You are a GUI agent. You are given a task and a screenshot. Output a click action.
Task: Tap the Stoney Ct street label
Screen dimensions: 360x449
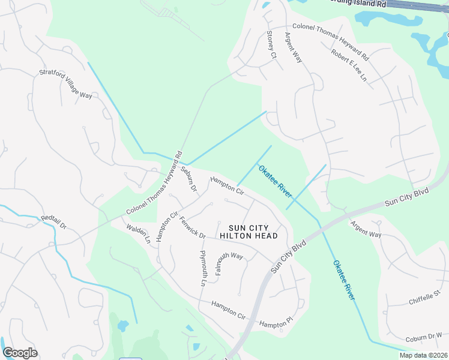[x=271, y=45]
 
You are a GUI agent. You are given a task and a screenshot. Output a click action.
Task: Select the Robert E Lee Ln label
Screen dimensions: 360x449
[x=349, y=65]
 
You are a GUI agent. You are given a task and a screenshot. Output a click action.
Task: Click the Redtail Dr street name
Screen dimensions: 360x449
[x=53, y=221]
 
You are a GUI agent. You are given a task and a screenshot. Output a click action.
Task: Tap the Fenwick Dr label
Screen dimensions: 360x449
[x=192, y=227]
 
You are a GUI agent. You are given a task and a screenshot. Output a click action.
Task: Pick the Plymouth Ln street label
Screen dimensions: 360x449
[x=203, y=268]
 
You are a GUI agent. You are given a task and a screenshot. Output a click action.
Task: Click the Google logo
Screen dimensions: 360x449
[x=20, y=353]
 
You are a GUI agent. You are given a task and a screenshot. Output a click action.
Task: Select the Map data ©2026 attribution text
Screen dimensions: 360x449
[x=423, y=355]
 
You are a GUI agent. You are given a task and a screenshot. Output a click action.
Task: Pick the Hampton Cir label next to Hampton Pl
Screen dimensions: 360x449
[x=229, y=310]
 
